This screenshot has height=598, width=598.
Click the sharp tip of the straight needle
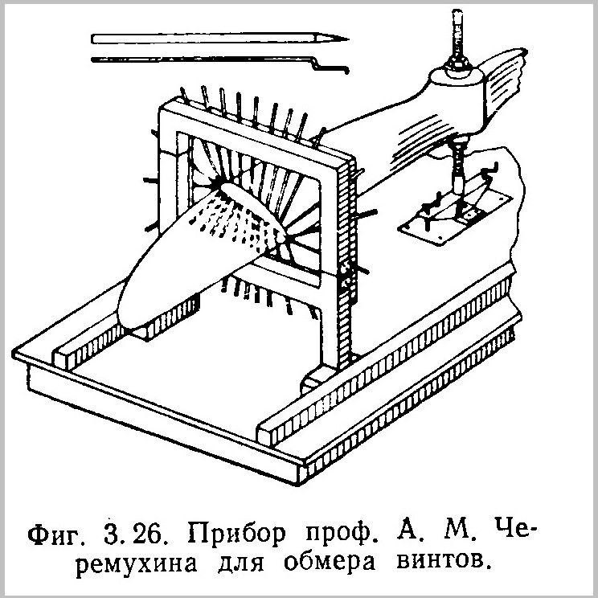coord(347,39)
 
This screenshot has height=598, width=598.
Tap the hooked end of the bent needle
coord(346,70)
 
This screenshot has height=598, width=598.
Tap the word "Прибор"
coord(236,534)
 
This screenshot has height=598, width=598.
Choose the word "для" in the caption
coord(240,563)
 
